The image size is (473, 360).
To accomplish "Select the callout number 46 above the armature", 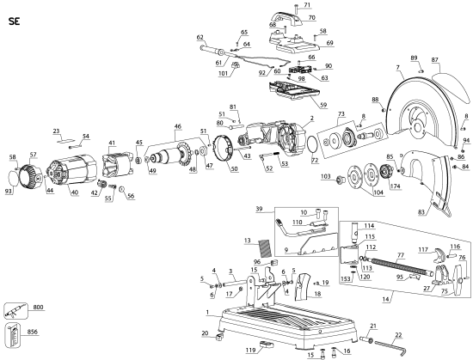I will [x=178, y=127].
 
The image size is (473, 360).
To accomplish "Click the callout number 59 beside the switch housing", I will [x=299, y=105].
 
